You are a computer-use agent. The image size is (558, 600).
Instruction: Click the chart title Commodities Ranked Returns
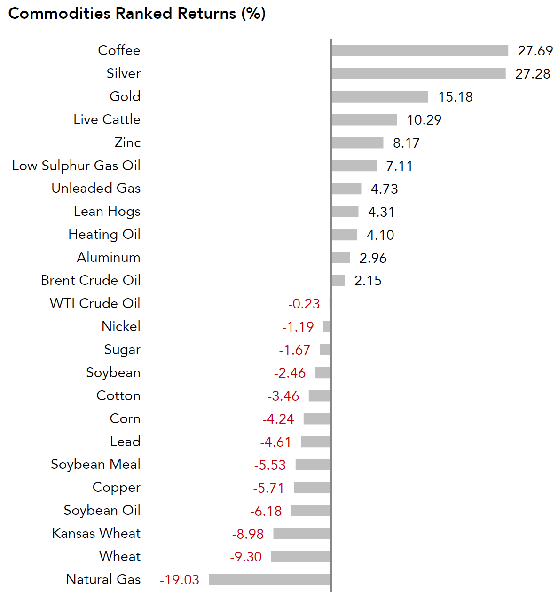pyautogui.click(x=137, y=14)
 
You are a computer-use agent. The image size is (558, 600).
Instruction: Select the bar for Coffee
pyautogui.click(x=419, y=51)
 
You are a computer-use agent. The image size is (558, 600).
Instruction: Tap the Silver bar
pyautogui.click(x=418, y=74)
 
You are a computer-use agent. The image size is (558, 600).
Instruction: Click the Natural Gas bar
pyautogui.click(x=269, y=580)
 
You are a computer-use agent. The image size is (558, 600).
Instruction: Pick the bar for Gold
pyautogui.click(x=379, y=97)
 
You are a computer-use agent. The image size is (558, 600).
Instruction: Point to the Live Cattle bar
pyautogui.click(x=364, y=120)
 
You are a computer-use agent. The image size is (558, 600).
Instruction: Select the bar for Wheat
pyautogui.click(x=300, y=557)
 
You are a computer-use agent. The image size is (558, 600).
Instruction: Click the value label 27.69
pyautogui.click(x=535, y=51)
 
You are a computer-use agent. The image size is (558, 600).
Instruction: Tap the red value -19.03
pyautogui.click(x=180, y=580)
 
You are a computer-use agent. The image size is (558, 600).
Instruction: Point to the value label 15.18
pyautogui.click(x=455, y=97)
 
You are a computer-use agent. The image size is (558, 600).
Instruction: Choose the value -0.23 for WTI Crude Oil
pyautogui.click(x=304, y=304)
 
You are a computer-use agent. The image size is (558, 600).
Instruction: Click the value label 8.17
pyautogui.click(x=406, y=143)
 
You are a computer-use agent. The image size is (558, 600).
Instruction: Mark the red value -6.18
pyautogui.click(x=266, y=511)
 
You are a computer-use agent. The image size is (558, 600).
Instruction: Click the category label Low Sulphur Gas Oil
pyautogui.click(x=76, y=166)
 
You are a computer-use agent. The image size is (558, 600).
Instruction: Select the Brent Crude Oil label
pyautogui.click(x=91, y=280)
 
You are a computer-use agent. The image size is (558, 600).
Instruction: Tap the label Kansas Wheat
pyautogui.click(x=96, y=533)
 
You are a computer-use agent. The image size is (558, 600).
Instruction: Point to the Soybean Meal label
pyautogui.click(x=95, y=465)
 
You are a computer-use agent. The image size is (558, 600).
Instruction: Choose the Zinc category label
pyautogui.click(x=127, y=142)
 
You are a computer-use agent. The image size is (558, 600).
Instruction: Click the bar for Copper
pyautogui.click(x=312, y=488)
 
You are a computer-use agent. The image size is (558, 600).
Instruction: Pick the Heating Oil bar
pyautogui.click(x=344, y=235)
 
